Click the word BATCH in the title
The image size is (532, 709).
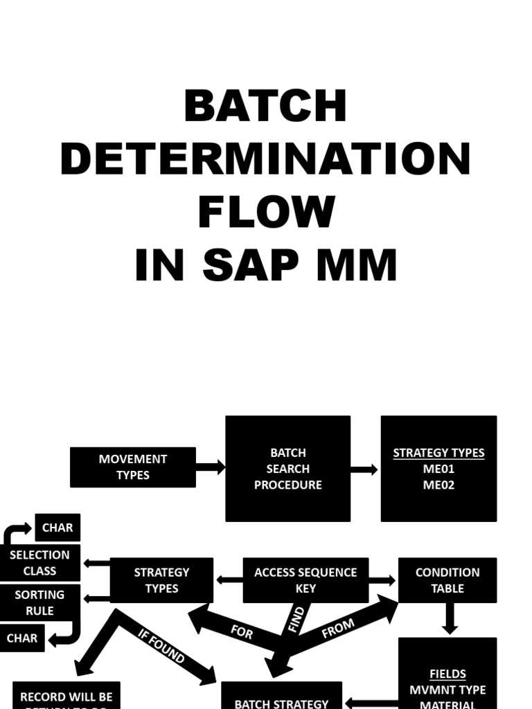point(265,106)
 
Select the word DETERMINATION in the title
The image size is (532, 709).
point(265,159)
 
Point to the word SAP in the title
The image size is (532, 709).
point(265,264)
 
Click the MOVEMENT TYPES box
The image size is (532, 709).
point(133,467)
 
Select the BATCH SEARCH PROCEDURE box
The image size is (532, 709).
point(287,469)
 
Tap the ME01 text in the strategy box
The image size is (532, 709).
point(438,469)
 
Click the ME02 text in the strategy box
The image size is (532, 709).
point(438,485)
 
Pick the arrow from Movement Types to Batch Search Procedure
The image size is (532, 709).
point(211,467)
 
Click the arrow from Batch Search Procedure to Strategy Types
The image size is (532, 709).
point(365,469)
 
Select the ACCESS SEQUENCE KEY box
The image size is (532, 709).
point(305,580)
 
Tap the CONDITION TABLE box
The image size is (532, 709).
point(447,580)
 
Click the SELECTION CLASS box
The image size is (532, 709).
point(40,563)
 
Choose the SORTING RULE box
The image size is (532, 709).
point(39,602)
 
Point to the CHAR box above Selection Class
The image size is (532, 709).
point(57,528)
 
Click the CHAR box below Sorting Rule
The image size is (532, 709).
point(22,638)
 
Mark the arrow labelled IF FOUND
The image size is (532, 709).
point(162,645)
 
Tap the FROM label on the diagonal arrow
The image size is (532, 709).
point(338,628)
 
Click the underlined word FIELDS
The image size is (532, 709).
point(447,674)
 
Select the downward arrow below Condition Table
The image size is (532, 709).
point(450,618)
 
